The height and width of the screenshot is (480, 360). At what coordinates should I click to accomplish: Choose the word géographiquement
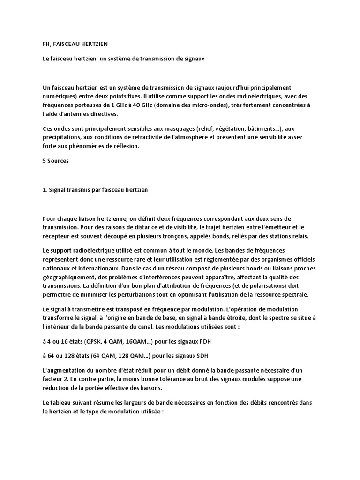tap(69, 277)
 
